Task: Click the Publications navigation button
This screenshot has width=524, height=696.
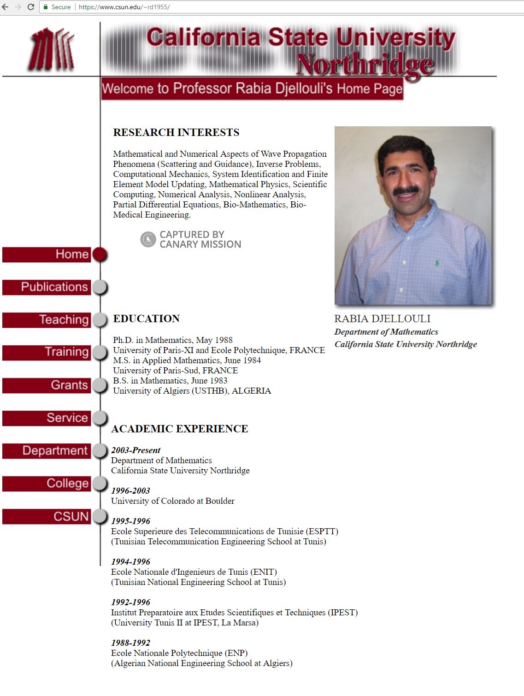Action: coord(47,287)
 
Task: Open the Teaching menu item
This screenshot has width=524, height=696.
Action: coord(47,320)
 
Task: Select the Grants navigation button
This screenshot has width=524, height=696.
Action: coord(47,385)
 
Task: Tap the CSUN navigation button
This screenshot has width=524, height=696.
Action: coord(47,516)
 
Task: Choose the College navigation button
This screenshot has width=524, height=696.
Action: coord(47,484)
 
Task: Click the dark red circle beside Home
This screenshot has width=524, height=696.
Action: coord(100,254)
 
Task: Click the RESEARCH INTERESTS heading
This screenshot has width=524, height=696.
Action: coord(176,133)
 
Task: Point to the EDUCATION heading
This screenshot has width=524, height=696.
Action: coord(146,319)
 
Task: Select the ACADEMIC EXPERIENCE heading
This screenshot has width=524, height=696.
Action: coord(179,429)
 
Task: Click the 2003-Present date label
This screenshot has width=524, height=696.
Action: coord(135,450)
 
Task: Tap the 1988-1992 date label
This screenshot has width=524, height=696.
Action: coord(130,643)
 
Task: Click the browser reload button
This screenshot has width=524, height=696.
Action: coord(31,7)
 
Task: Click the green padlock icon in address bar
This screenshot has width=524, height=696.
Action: coord(46,7)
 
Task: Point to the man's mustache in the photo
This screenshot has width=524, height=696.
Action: coord(406,190)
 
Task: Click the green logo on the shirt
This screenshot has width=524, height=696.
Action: coord(436,263)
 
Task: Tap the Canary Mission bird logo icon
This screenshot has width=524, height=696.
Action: coord(148,239)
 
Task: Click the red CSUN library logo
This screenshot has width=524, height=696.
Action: coord(52,49)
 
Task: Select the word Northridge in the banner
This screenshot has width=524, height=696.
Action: coord(364,65)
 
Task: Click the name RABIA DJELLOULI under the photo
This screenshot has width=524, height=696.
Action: coord(382,319)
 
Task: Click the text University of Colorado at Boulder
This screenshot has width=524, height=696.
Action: coord(172,501)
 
